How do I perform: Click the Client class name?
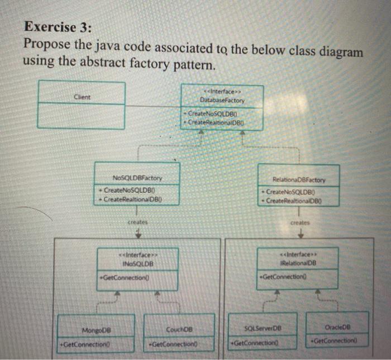(x=82, y=96)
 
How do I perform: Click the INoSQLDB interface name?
(x=136, y=263)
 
